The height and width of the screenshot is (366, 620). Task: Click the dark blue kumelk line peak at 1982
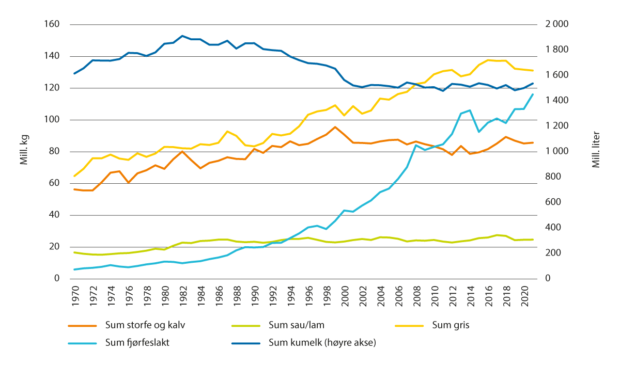click(182, 36)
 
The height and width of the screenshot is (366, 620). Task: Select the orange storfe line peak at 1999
click(335, 127)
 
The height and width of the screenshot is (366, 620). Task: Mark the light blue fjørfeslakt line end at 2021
click(533, 94)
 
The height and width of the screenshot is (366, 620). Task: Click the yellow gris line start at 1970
click(74, 176)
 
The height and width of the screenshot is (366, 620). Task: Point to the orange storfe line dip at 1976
click(129, 182)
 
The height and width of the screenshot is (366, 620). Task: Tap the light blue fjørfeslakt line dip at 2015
click(479, 132)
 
